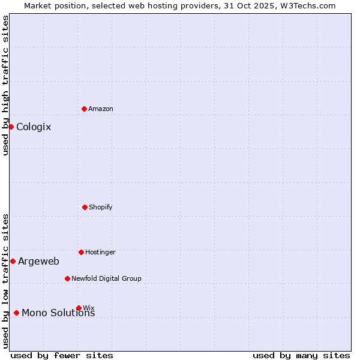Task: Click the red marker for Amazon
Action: (84, 109)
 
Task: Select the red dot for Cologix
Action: (11, 127)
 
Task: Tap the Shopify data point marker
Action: (85, 207)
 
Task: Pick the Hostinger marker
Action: (81, 252)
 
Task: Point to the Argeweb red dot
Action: (13, 261)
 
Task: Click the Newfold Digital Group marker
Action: (67, 278)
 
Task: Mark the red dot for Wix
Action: (79, 308)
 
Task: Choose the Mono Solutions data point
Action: (16, 313)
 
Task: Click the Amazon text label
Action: (101, 109)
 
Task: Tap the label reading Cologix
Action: (34, 127)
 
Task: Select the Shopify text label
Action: (101, 207)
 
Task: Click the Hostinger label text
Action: (100, 252)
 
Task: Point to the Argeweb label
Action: (38, 261)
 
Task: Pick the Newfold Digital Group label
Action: (106, 278)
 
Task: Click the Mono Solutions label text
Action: (58, 313)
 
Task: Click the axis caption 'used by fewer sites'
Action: (62, 355)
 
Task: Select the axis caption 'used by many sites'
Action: (301, 355)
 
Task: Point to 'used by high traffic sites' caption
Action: (5, 85)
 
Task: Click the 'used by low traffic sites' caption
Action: (5, 280)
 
